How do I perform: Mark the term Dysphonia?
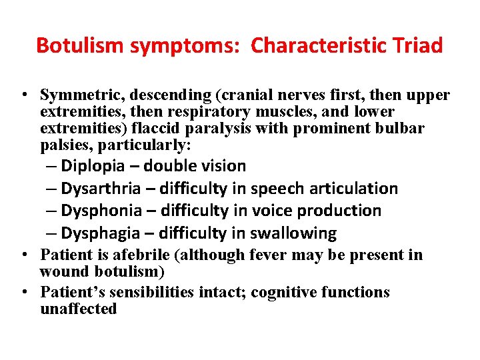tap(101, 211)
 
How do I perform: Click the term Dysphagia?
tap(101, 233)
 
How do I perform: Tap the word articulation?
tap(350, 189)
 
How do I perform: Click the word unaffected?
tap(78, 309)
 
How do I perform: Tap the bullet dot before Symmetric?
tap(24, 96)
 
